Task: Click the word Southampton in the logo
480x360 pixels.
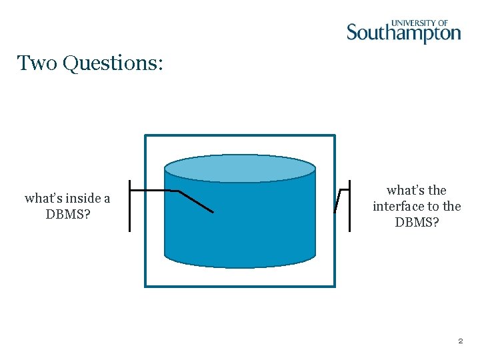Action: [x=403, y=33]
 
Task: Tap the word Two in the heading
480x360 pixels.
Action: [x=37, y=63]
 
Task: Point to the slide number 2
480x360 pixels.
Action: [x=460, y=341]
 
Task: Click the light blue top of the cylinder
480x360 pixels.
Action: [x=240, y=169]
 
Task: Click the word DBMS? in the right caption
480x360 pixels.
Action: [x=417, y=222]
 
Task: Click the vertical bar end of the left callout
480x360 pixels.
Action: [x=130, y=206]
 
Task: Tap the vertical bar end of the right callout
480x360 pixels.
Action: [x=350, y=206]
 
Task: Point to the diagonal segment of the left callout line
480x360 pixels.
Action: [x=196, y=202]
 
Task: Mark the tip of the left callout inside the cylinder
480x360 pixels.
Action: [x=213, y=212]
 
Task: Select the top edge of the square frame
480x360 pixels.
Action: [x=240, y=136]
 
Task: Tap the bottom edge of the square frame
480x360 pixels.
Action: [x=240, y=286]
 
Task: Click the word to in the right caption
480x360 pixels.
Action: [x=435, y=206]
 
